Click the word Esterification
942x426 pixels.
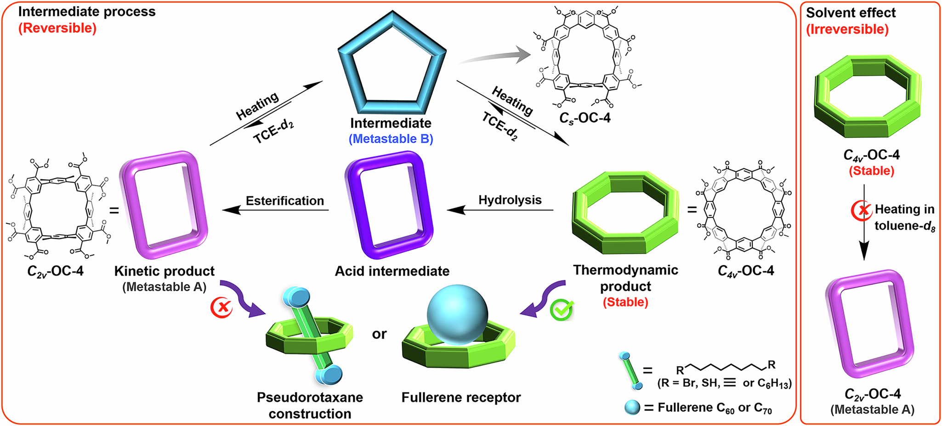click(x=285, y=201)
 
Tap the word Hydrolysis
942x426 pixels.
click(x=510, y=200)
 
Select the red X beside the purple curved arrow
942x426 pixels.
click(x=222, y=307)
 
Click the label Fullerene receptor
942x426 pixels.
click(x=461, y=398)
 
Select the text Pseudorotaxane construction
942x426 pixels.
click(x=310, y=405)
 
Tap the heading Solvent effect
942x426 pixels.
click(x=851, y=13)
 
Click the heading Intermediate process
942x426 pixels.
click(x=87, y=11)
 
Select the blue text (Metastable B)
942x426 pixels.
click(x=391, y=139)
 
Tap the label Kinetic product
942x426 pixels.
click(x=165, y=271)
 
